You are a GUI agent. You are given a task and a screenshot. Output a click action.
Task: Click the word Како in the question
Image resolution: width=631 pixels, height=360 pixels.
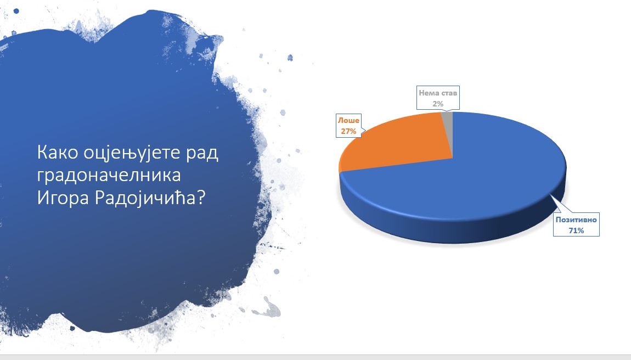point(57,153)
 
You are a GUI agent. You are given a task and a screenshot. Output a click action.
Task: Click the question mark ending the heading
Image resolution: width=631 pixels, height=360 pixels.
point(201,198)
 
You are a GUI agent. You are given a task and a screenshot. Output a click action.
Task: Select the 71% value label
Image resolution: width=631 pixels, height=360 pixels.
point(576,230)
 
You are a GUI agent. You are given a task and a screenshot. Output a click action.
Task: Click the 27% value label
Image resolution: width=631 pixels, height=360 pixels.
point(348,131)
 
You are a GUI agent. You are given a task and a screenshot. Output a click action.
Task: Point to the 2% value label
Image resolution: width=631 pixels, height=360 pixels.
point(438,104)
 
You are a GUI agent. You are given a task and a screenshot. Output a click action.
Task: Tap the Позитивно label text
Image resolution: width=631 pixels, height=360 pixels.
point(576,220)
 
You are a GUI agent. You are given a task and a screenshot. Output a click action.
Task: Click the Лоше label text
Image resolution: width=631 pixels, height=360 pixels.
point(348,120)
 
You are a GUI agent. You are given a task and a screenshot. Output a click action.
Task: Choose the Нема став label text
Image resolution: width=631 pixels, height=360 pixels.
point(438,93)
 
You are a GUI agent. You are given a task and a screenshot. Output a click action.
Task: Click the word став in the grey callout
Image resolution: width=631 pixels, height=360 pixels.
point(448,93)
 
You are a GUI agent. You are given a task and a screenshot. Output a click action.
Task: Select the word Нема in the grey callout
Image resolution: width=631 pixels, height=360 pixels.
point(428,93)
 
